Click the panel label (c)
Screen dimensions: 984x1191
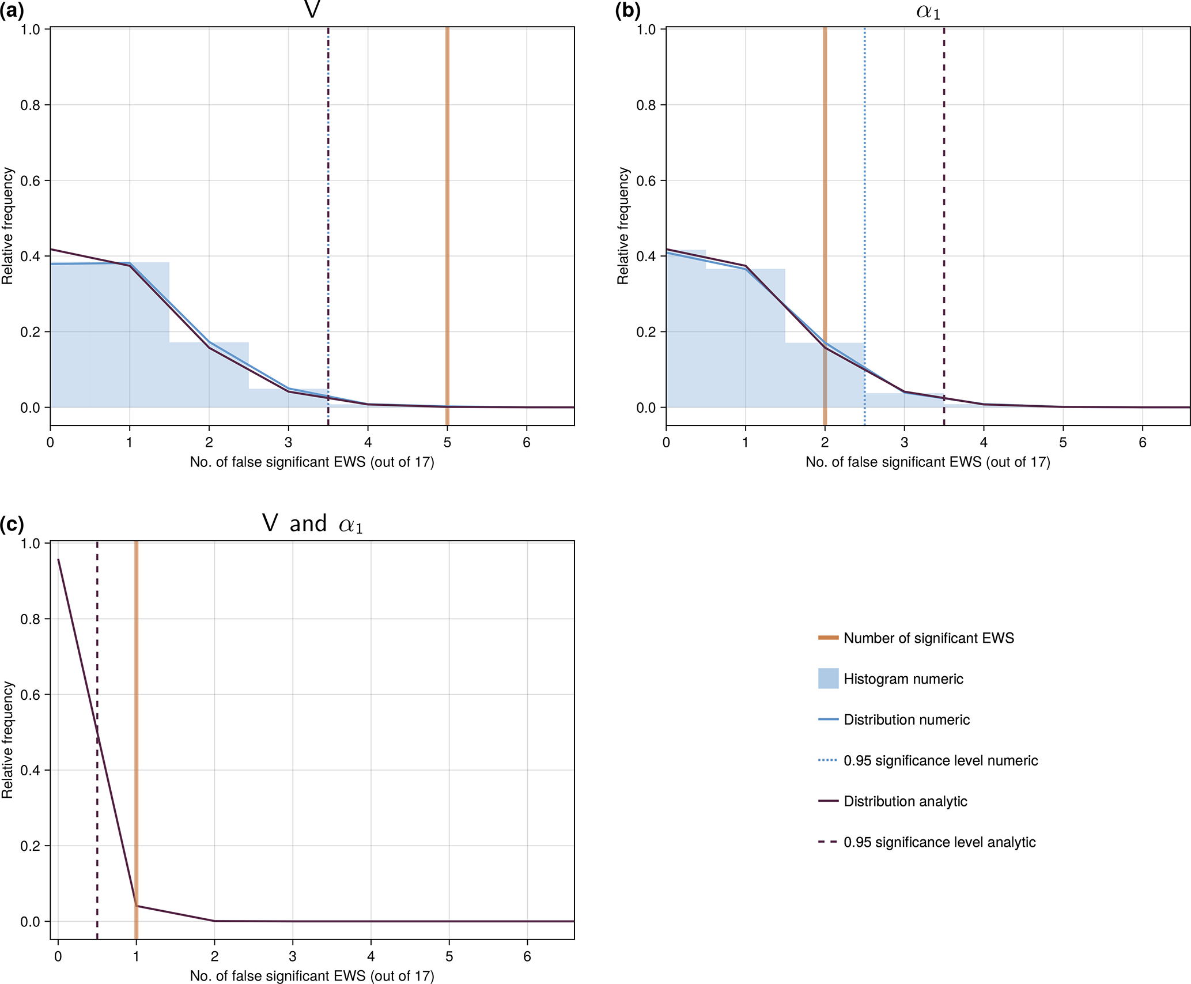(12, 525)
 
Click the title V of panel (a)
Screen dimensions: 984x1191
(312, 10)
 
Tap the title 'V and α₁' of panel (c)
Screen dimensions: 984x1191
(312, 524)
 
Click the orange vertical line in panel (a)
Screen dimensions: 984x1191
(447, 173)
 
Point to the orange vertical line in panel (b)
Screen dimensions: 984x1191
(825, 173)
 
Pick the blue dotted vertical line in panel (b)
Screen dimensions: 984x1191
(864, 173)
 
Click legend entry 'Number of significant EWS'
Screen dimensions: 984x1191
(928, 638)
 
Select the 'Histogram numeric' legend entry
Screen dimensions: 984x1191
(903, 679)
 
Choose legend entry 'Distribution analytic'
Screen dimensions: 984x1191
(905, 801)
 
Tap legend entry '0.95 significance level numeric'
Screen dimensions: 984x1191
(940, 761)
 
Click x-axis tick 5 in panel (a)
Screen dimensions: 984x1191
(447, 443)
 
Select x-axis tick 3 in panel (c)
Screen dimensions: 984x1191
(293, 957)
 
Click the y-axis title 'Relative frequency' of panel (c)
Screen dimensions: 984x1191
(7, 740)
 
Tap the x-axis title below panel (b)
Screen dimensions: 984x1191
(928, 462)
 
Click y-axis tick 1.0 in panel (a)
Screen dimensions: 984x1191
(30, 29)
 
